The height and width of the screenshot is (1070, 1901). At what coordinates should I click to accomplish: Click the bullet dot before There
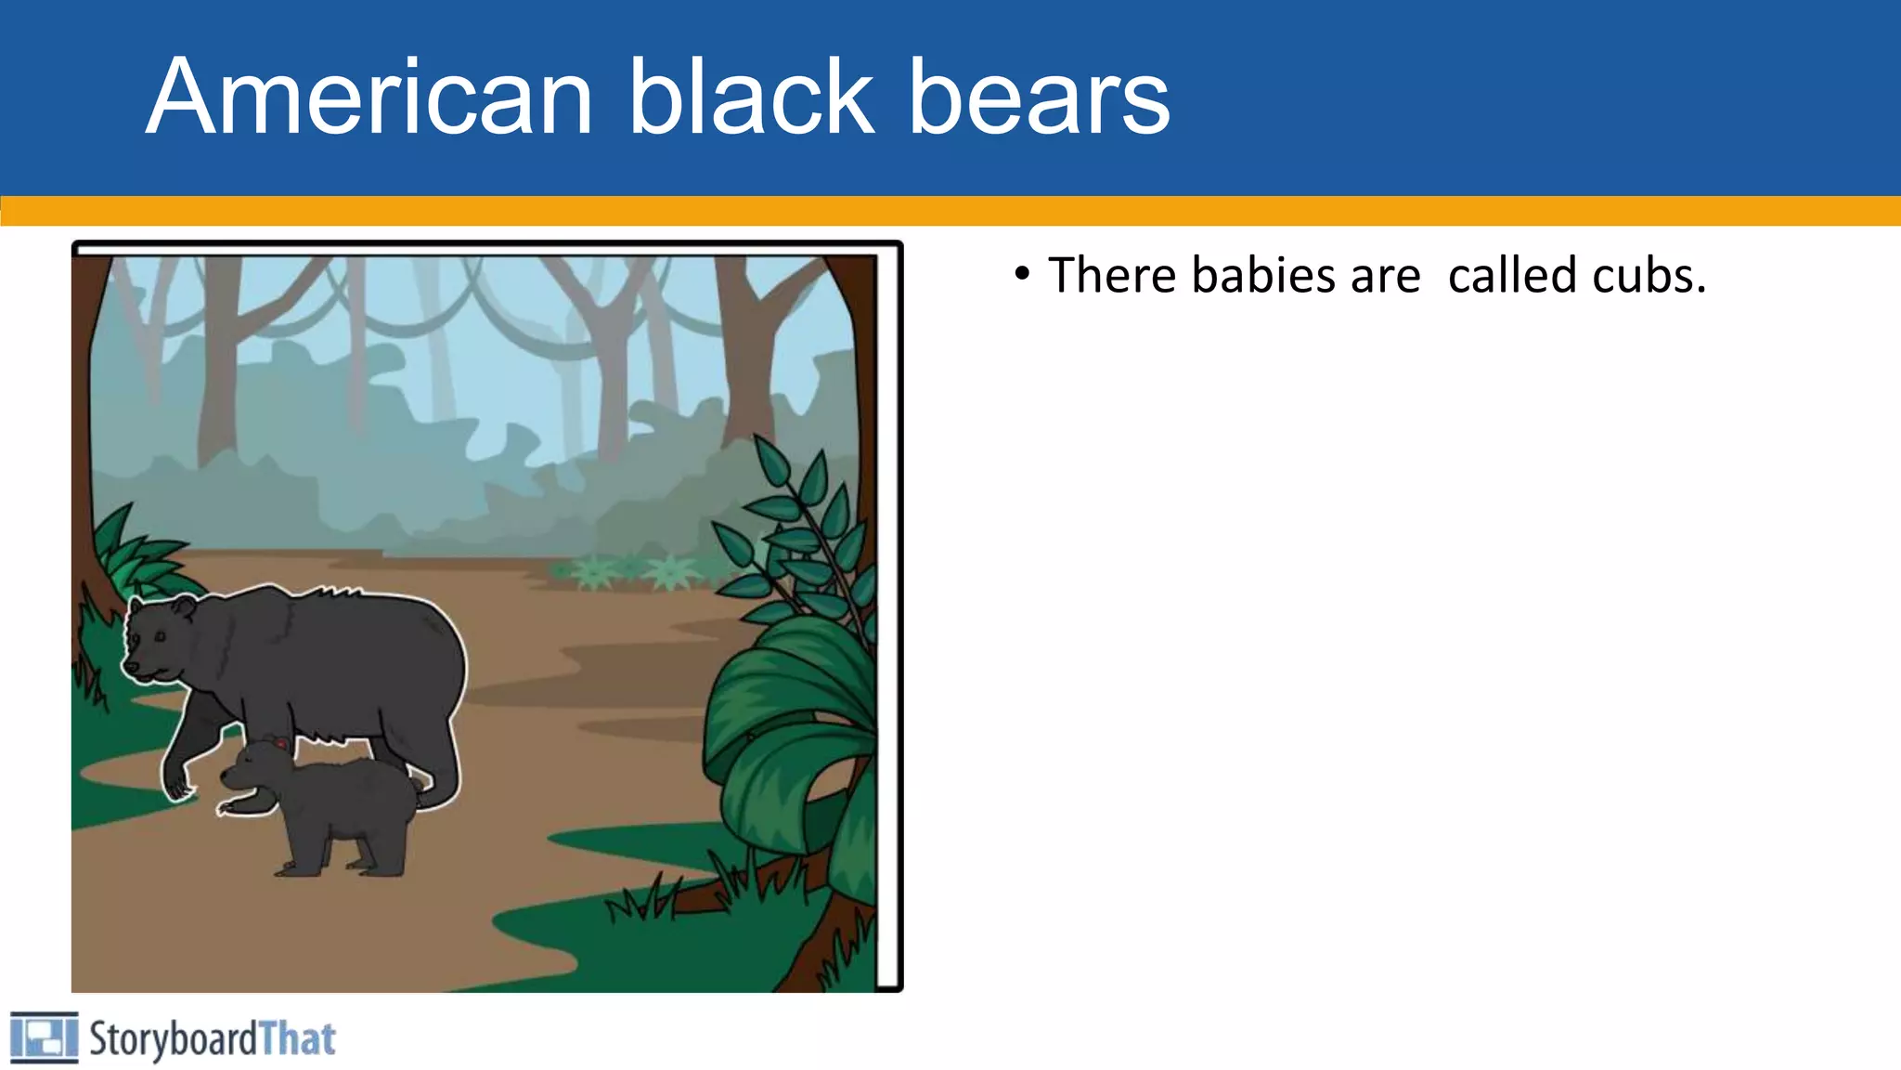[1022, 274]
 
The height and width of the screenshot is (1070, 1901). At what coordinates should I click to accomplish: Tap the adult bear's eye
[160, 636]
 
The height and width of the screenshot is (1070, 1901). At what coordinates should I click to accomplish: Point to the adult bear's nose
[131, 667]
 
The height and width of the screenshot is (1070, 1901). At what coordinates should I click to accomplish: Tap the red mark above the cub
[280, 743]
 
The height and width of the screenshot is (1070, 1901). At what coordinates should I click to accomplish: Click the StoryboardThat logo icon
[44, 1037]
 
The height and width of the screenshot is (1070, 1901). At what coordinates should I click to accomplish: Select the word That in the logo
[297, 1039]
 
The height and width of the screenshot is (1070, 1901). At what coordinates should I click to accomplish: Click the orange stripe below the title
[950, 211]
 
